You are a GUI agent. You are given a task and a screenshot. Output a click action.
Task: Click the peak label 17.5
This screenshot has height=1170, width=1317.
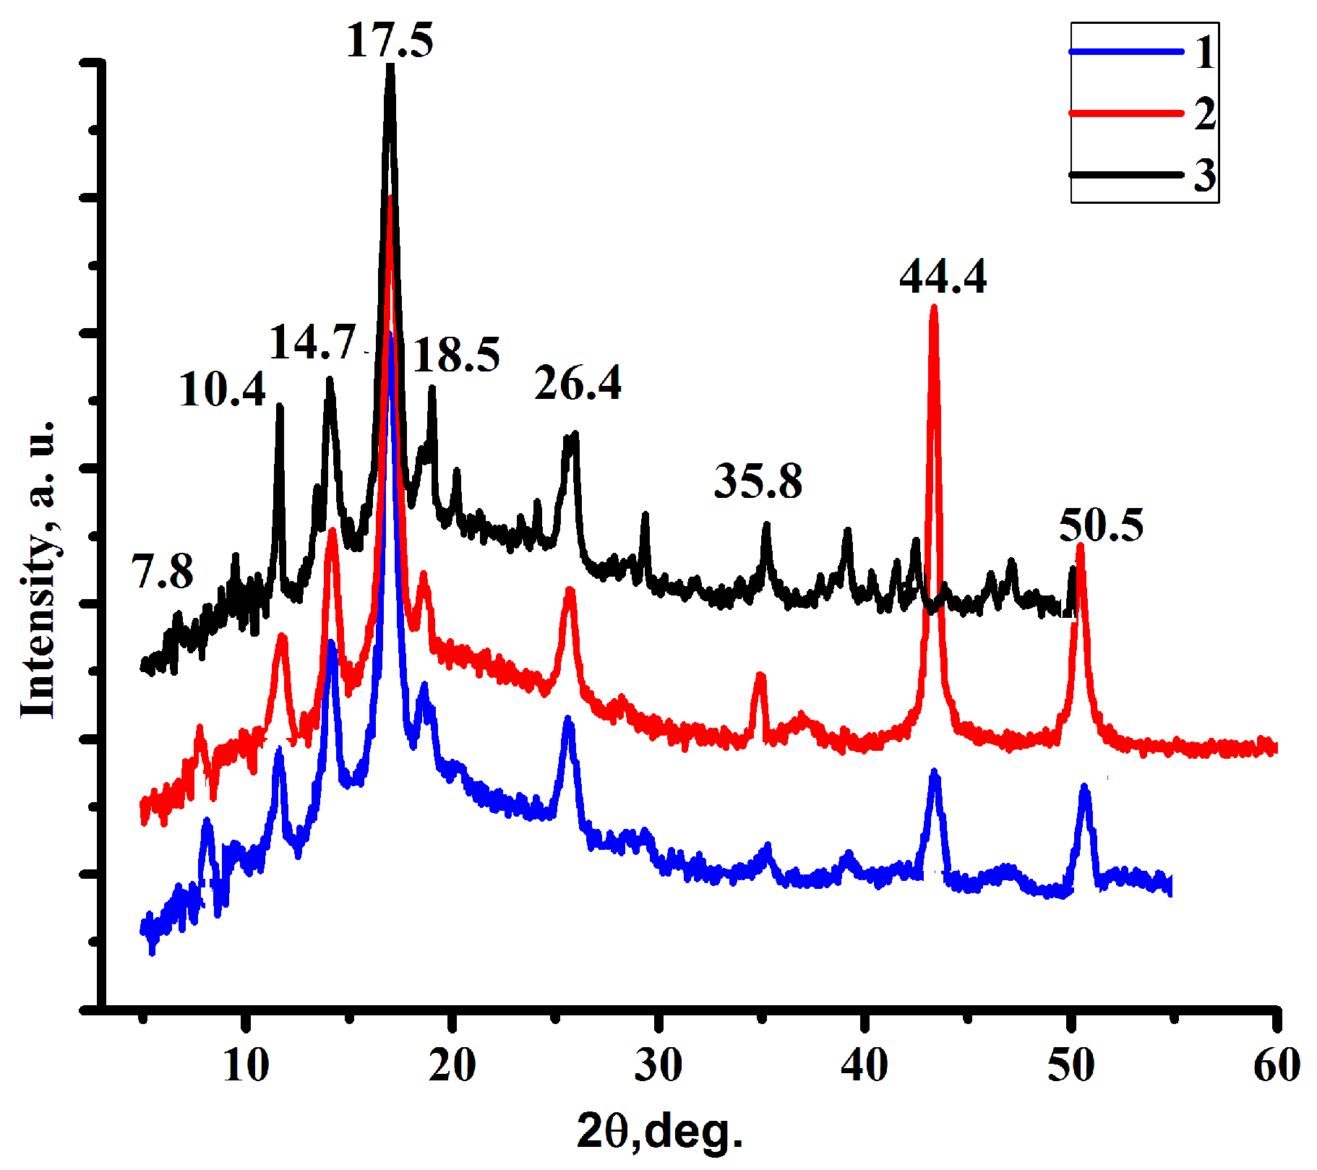(390, 40)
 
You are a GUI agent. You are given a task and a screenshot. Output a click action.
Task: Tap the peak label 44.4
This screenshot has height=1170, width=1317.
(943, 277)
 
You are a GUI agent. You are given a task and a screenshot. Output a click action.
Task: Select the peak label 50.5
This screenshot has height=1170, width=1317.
(1101, 525)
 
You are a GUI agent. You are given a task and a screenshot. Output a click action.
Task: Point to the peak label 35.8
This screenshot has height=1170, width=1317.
(758, 481)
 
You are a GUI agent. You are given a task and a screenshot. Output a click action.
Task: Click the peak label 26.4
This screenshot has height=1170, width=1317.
(578, 383)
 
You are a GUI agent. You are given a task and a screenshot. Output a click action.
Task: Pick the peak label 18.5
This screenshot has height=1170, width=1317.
(456, 355)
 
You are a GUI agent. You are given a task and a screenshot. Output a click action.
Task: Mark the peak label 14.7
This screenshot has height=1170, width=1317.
(312, 342)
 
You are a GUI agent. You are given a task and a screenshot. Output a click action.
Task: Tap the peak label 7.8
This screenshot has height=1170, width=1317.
(163, 572)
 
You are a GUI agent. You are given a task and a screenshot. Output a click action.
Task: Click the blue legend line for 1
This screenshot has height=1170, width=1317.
(1126, 52)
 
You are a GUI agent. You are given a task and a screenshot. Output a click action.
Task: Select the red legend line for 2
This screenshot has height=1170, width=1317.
(1126, 113)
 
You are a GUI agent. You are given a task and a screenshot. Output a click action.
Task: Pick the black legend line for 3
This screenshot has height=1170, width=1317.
(1126, 175)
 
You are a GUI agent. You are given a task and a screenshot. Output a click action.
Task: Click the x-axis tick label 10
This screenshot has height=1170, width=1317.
(246, 1066)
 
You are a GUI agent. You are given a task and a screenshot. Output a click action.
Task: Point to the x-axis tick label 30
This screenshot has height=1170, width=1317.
(658, 1066)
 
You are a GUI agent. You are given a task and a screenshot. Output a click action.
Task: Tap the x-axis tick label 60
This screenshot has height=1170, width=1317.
(1277, 1066)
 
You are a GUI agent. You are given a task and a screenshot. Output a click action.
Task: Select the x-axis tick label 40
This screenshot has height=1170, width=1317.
(864, 1066)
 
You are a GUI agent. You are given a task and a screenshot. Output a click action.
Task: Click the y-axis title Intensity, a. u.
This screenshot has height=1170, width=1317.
(38, 569)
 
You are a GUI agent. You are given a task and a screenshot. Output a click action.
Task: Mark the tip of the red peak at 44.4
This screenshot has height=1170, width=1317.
(933, 308)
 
